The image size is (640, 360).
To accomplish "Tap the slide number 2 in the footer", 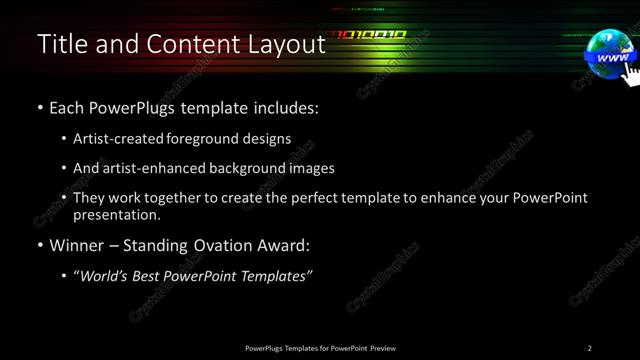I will coord(590,347).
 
